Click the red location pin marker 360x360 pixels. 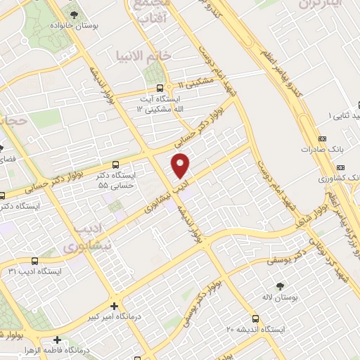181,165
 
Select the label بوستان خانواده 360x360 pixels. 72,25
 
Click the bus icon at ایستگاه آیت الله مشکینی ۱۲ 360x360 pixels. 161,89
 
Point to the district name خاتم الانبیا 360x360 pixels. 143,55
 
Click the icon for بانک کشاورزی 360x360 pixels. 340,168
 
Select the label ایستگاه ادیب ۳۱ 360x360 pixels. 35,271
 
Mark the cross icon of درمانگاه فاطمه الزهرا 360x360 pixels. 56,340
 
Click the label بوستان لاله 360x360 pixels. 280,298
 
